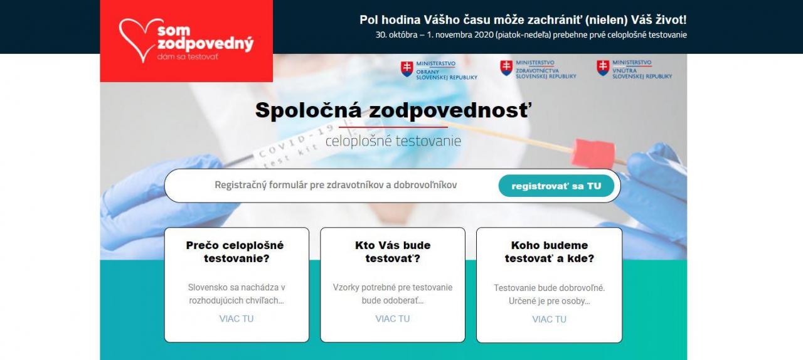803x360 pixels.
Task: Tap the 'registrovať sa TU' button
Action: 556,186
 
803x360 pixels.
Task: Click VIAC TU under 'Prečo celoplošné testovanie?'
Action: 237,319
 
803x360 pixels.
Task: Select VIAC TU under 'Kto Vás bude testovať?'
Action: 393,319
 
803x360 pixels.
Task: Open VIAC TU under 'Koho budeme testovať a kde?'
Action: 549,319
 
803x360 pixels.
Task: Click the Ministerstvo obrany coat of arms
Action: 407,69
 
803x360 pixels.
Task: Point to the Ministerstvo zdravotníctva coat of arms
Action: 506,68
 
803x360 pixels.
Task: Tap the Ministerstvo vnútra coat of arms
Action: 603,68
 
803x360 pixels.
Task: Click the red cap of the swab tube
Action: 593,153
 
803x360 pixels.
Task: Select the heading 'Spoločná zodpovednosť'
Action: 393,110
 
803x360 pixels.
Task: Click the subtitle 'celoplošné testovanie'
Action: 393,140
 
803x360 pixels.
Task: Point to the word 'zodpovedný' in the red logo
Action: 205,44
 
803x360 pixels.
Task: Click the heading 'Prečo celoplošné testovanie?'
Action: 235,251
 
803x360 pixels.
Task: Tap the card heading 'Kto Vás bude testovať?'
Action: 393,251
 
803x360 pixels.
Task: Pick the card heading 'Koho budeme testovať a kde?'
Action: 549,251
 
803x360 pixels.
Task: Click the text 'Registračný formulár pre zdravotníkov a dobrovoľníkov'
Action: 336,185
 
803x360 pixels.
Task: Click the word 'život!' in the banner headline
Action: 671,20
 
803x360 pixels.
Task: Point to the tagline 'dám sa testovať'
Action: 188,56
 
